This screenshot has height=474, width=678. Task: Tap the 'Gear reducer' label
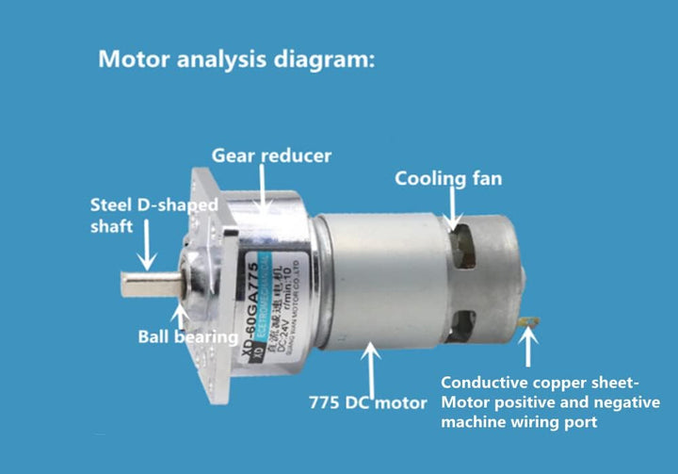point(270,155)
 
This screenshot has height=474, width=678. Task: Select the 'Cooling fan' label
point(448,177)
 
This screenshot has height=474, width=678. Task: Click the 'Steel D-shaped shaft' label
point(153,215)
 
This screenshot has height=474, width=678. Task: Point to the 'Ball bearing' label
point(186,335)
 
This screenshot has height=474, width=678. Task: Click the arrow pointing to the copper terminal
point(527,349)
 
